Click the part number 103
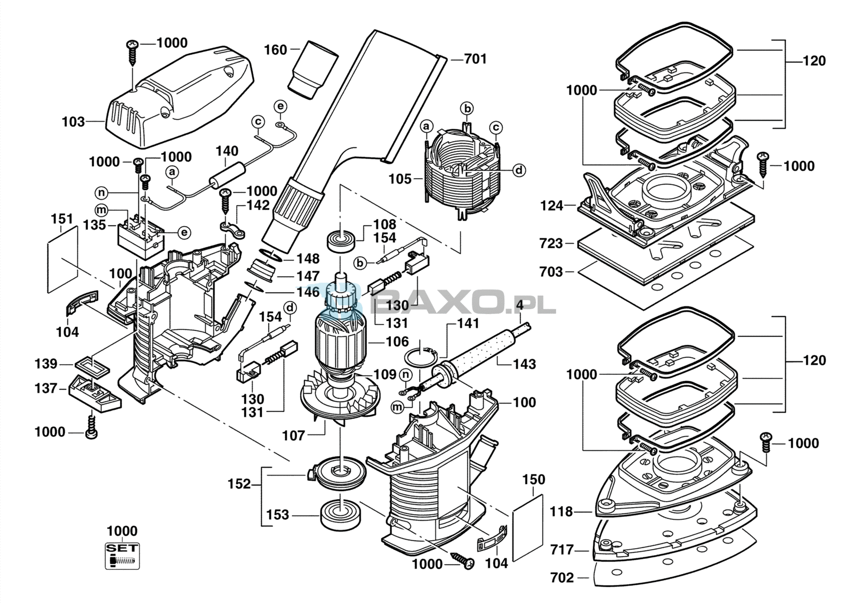click(x=73, y=122)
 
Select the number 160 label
click(x=276, y=50)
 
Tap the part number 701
click(x=476, y=59)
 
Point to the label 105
click(x=400, y=179)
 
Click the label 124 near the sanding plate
click(x=551, y=205)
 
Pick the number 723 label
click(x=551, y=243)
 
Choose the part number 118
click(x=561, y=512)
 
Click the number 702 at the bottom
click(x=562, y=577)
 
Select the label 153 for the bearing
click(x=277, y=515)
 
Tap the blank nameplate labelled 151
click(x=62, y=259)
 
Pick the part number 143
click(x=524, y=364)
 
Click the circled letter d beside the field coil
click(x=519, y=170)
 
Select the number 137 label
click(x=46, y=388)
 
